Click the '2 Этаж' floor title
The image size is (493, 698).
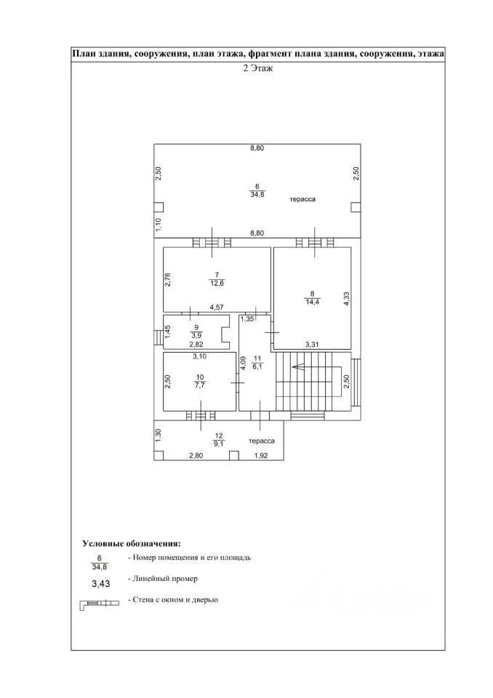coord(257,69)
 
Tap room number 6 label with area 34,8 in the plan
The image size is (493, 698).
coord(256,191)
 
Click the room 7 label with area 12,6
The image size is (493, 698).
coord(217,278)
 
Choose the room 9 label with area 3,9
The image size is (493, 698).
coord(196,332)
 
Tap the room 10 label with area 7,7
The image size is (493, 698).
coord(201,382)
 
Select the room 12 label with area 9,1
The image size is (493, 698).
coord(218,439)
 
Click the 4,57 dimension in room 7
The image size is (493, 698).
coord(217,308)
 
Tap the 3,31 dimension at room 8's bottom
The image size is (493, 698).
coord(313,344)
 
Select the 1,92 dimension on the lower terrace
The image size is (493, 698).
coord(261,456)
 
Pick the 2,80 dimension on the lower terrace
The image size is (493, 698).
coord(196,456)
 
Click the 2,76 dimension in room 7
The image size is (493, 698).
coord(167,280)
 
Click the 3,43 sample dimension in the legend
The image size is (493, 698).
coord(100,583)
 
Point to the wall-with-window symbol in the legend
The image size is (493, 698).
coord(98,603)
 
